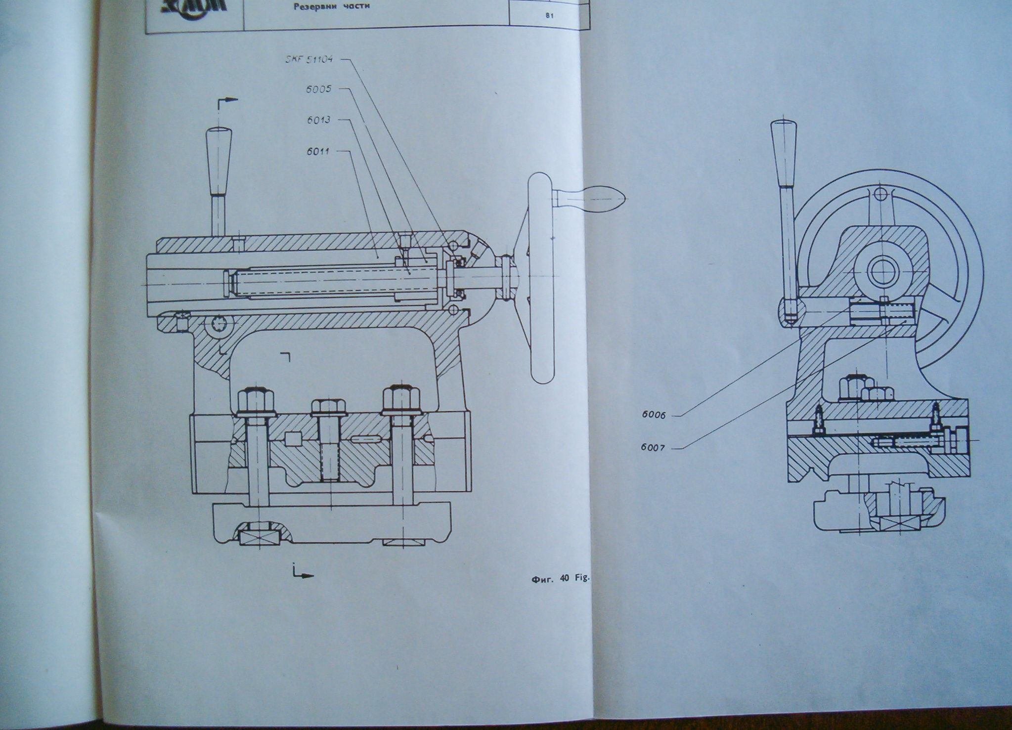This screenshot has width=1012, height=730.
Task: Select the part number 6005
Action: pos(318,89)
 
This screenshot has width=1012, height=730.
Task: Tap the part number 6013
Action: pos(318,120)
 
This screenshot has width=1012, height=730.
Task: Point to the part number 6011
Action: pos(318,151)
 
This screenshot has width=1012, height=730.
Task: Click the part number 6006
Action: pos(654,415)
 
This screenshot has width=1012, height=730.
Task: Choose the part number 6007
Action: pos(654,448)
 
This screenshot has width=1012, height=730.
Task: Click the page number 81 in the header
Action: pos(549,16)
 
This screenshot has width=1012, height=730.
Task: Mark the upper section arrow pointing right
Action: pos(228,100)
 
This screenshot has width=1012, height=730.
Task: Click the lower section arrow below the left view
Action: pos(303,575)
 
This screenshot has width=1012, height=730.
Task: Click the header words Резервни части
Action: pos(332,7)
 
